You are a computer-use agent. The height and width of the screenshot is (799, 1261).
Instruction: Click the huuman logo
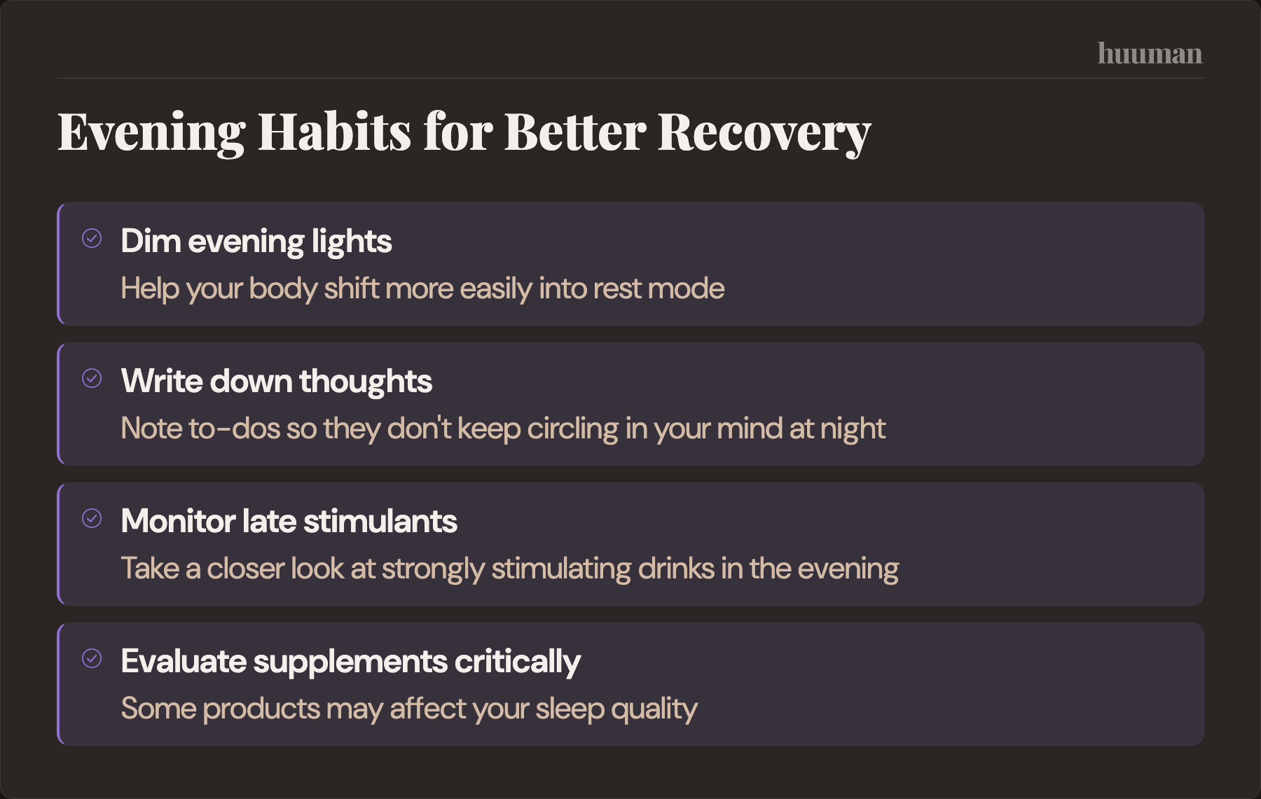(1150, 54)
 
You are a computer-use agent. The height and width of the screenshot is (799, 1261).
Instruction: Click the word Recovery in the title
(764, 132)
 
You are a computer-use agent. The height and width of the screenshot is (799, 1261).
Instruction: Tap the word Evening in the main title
(151, 132)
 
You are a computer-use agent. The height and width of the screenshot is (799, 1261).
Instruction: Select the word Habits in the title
(334, 132)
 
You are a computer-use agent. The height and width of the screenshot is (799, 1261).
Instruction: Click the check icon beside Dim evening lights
(92, 239)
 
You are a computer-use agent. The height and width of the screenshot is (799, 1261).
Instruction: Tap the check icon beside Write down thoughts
(92, 379)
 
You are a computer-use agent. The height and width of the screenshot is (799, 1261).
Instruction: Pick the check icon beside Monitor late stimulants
(92, 519)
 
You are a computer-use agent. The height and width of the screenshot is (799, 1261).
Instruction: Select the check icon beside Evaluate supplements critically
(92, 659)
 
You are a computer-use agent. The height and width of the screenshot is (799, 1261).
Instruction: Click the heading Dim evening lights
(256, 242)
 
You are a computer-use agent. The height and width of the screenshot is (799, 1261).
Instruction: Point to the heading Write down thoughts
(276, 382)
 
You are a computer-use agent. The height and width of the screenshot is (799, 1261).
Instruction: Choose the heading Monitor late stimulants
(289, 522)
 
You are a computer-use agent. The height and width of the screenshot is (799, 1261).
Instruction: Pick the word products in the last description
(261, 709)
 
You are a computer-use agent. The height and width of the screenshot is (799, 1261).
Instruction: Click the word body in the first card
(283, 289)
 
